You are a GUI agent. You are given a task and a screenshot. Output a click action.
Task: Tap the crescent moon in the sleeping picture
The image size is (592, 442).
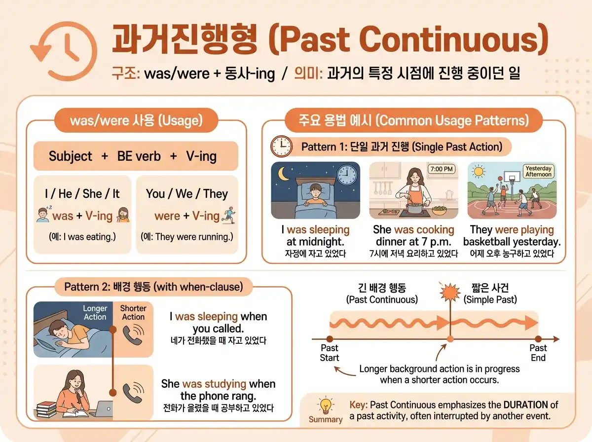click(285, 174)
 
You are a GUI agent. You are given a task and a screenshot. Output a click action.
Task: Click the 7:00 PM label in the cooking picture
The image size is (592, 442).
click(442, 169)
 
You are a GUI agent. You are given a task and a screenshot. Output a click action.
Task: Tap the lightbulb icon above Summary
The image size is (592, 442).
click(325, 406)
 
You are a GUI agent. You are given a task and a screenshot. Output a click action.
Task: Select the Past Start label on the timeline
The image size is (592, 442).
click(330, 353)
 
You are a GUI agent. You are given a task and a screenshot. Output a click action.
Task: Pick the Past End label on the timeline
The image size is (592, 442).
click(538, 353)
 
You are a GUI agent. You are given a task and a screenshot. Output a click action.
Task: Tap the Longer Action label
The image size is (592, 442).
click(95, 313)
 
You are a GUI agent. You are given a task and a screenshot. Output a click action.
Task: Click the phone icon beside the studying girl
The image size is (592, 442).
click(132, 392)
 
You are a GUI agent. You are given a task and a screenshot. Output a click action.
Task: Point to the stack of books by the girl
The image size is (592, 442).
click(46, 408)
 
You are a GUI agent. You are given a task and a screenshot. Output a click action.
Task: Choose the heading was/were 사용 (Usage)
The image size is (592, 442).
click(136, 121)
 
